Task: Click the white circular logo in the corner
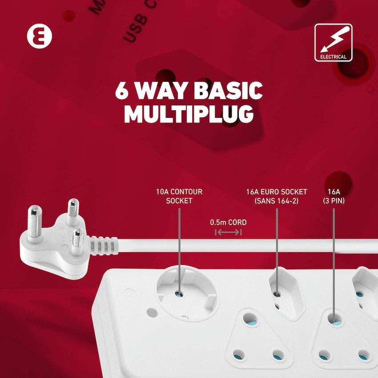39,36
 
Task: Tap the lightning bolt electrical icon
333,39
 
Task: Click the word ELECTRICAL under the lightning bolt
333,57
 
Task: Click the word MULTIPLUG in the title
189,114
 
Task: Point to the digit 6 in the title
123,90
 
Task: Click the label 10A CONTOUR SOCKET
179,196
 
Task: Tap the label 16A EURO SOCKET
277,192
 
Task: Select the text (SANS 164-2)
277,201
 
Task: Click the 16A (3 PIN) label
334,196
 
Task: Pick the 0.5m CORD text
228,222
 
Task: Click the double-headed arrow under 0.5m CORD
228,232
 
